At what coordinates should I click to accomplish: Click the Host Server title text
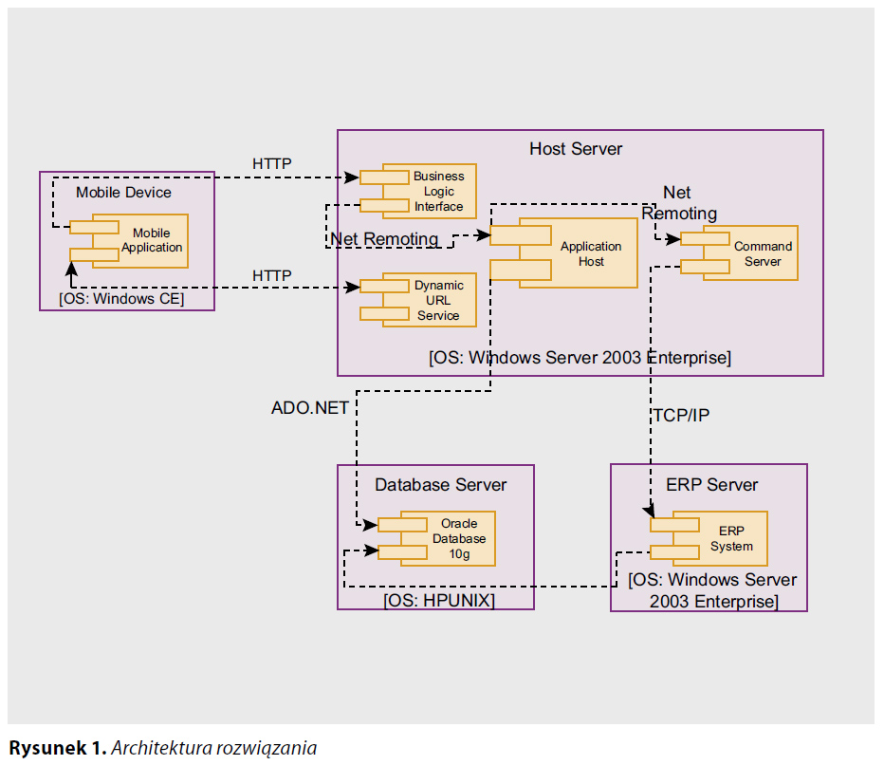coord(576,149)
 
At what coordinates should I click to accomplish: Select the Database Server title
coord(440,485)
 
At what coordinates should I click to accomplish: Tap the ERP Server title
coord(711,485)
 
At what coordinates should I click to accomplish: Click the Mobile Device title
coord(124,192)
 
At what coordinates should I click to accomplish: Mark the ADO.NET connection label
coord(310,408)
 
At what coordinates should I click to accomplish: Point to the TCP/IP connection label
coord(681,415)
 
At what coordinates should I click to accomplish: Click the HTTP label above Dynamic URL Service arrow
coord(271,275)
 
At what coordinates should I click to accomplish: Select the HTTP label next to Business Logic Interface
coord(271,163)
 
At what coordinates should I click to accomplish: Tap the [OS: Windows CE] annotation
coord(121,299)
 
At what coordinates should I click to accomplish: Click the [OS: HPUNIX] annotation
coord(439,601)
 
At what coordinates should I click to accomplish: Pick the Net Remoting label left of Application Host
coord(384,239)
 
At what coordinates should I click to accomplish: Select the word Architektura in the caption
coord(159,748)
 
